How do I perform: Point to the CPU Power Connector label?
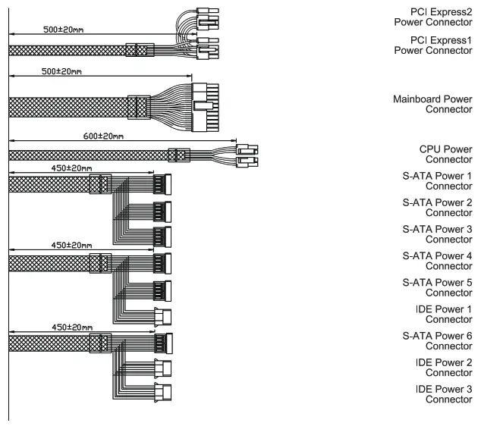445,155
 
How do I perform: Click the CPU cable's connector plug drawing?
247,155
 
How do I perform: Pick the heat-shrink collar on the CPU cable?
178,155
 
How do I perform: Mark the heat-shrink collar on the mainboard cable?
138,108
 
